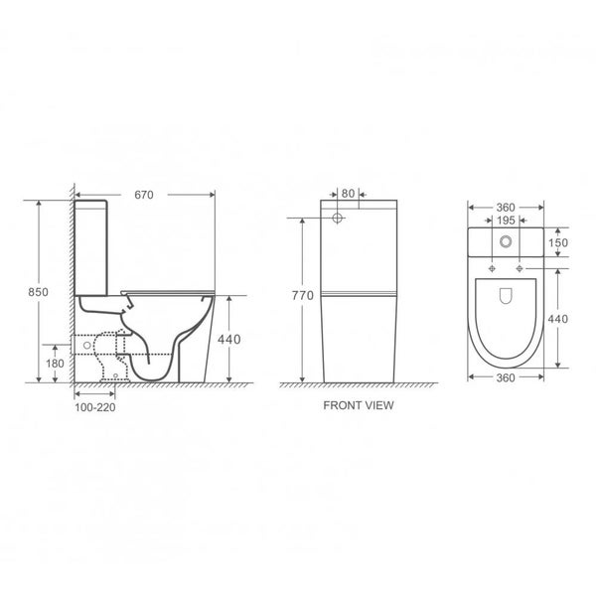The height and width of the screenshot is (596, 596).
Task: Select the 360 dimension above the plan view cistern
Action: pos(507,207)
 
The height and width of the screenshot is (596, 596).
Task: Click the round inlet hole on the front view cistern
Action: pos(338,216)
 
